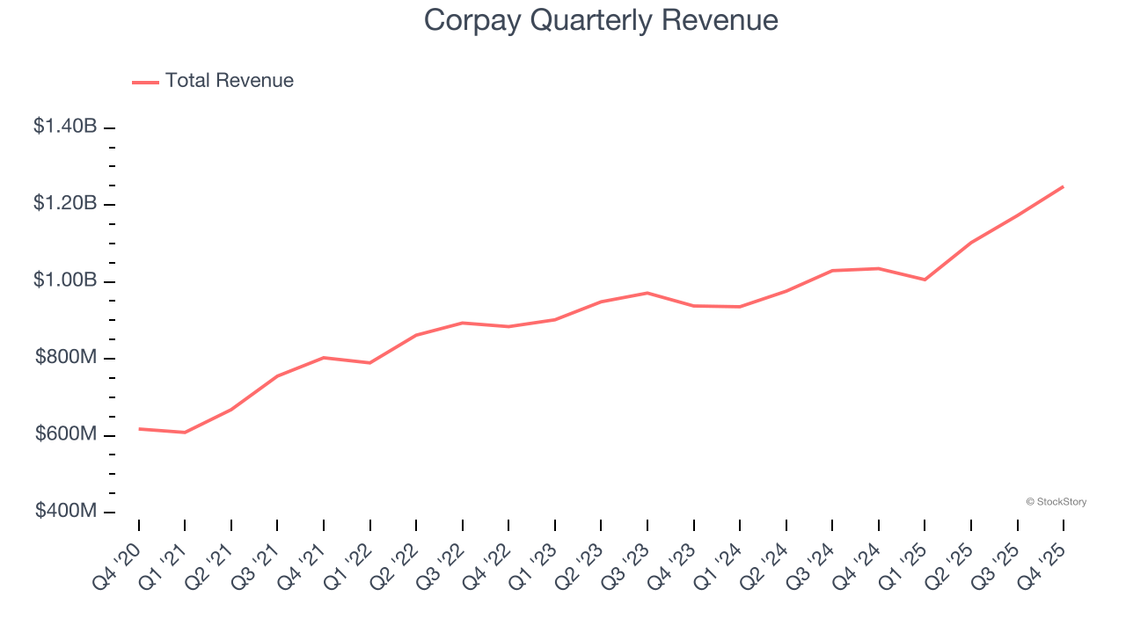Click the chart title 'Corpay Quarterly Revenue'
point(601,19)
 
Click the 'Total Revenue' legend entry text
point(229,81)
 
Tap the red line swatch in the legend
point(145,82)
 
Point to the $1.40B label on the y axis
point(65,127)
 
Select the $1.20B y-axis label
point(65,203)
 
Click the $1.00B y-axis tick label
point(65,280)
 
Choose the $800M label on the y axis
point(66,357)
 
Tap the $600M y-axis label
point(66,434)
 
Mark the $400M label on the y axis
point(66,511)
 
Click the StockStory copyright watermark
point(1056,502)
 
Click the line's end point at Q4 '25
point(1064,186)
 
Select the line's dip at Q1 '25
point(925,280)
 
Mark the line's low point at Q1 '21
point(185,433)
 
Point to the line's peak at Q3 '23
point(647,293)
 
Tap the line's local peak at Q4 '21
point(324,358)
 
